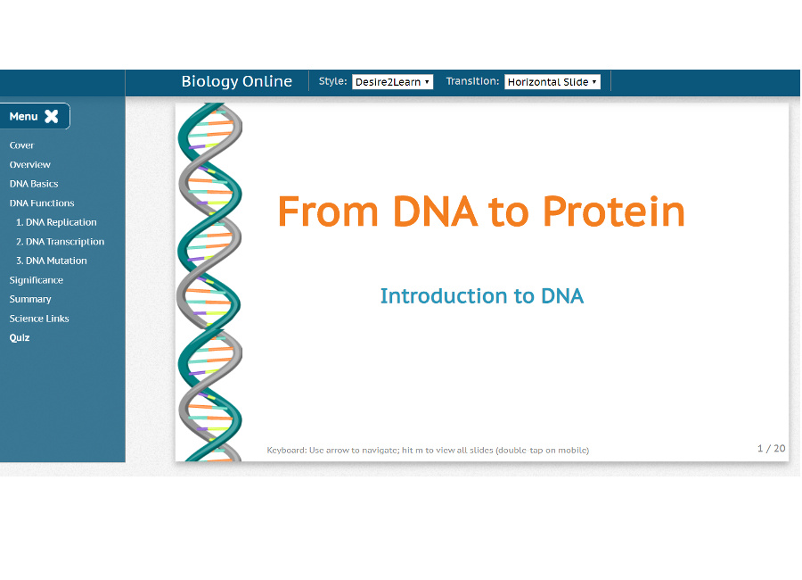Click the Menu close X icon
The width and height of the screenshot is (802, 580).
coord(52,116)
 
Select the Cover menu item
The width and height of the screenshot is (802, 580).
coord(21,145)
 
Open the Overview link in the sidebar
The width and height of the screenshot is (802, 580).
coord(30,165)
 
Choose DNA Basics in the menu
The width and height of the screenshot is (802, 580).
coord(34,184)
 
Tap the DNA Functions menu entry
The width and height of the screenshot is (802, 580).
coord(42,203)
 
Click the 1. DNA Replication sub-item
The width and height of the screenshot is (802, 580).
coord(56,222)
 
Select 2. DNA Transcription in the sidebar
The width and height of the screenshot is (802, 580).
coord(60,242)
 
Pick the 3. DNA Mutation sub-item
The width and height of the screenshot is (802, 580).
coord(52,261)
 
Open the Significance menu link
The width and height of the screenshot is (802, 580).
coord(37,280)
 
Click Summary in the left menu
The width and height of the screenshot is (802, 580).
coord(30,299)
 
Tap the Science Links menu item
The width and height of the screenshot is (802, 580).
coord(39,319)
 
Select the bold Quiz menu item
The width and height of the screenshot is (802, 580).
coord(20,338)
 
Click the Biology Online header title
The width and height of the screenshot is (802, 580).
coord(236,81)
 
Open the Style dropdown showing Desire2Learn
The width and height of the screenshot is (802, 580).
coord(392,82)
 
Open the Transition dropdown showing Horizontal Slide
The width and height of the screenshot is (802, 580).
coord(552,82)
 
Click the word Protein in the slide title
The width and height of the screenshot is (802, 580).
coord(614,212)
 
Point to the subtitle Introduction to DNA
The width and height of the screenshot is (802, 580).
coord(481,296)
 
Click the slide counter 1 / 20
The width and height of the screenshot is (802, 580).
coord(771,448)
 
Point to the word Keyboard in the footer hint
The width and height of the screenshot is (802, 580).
coord(286,450)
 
